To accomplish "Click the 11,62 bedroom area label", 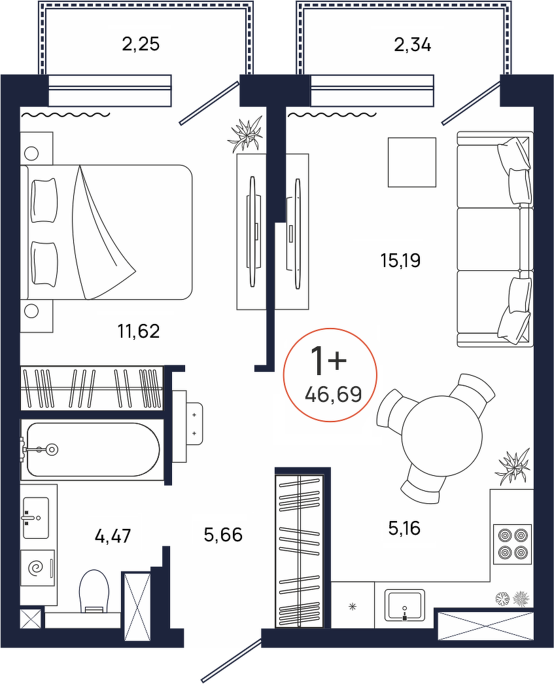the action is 138,331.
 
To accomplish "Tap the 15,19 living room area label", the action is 400,261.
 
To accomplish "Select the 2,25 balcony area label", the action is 141,44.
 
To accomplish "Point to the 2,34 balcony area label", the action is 412,45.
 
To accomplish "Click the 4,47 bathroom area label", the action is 113,535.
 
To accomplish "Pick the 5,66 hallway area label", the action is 223,534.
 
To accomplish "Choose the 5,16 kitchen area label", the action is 404,528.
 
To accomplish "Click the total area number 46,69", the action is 334,395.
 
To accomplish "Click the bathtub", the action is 92,449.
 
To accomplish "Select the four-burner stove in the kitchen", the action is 512,543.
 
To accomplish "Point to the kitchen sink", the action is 404,605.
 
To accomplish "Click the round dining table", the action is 441,435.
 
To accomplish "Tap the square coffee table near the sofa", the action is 412,162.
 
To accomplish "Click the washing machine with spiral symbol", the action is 38,567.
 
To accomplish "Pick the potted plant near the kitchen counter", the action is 513,466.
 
